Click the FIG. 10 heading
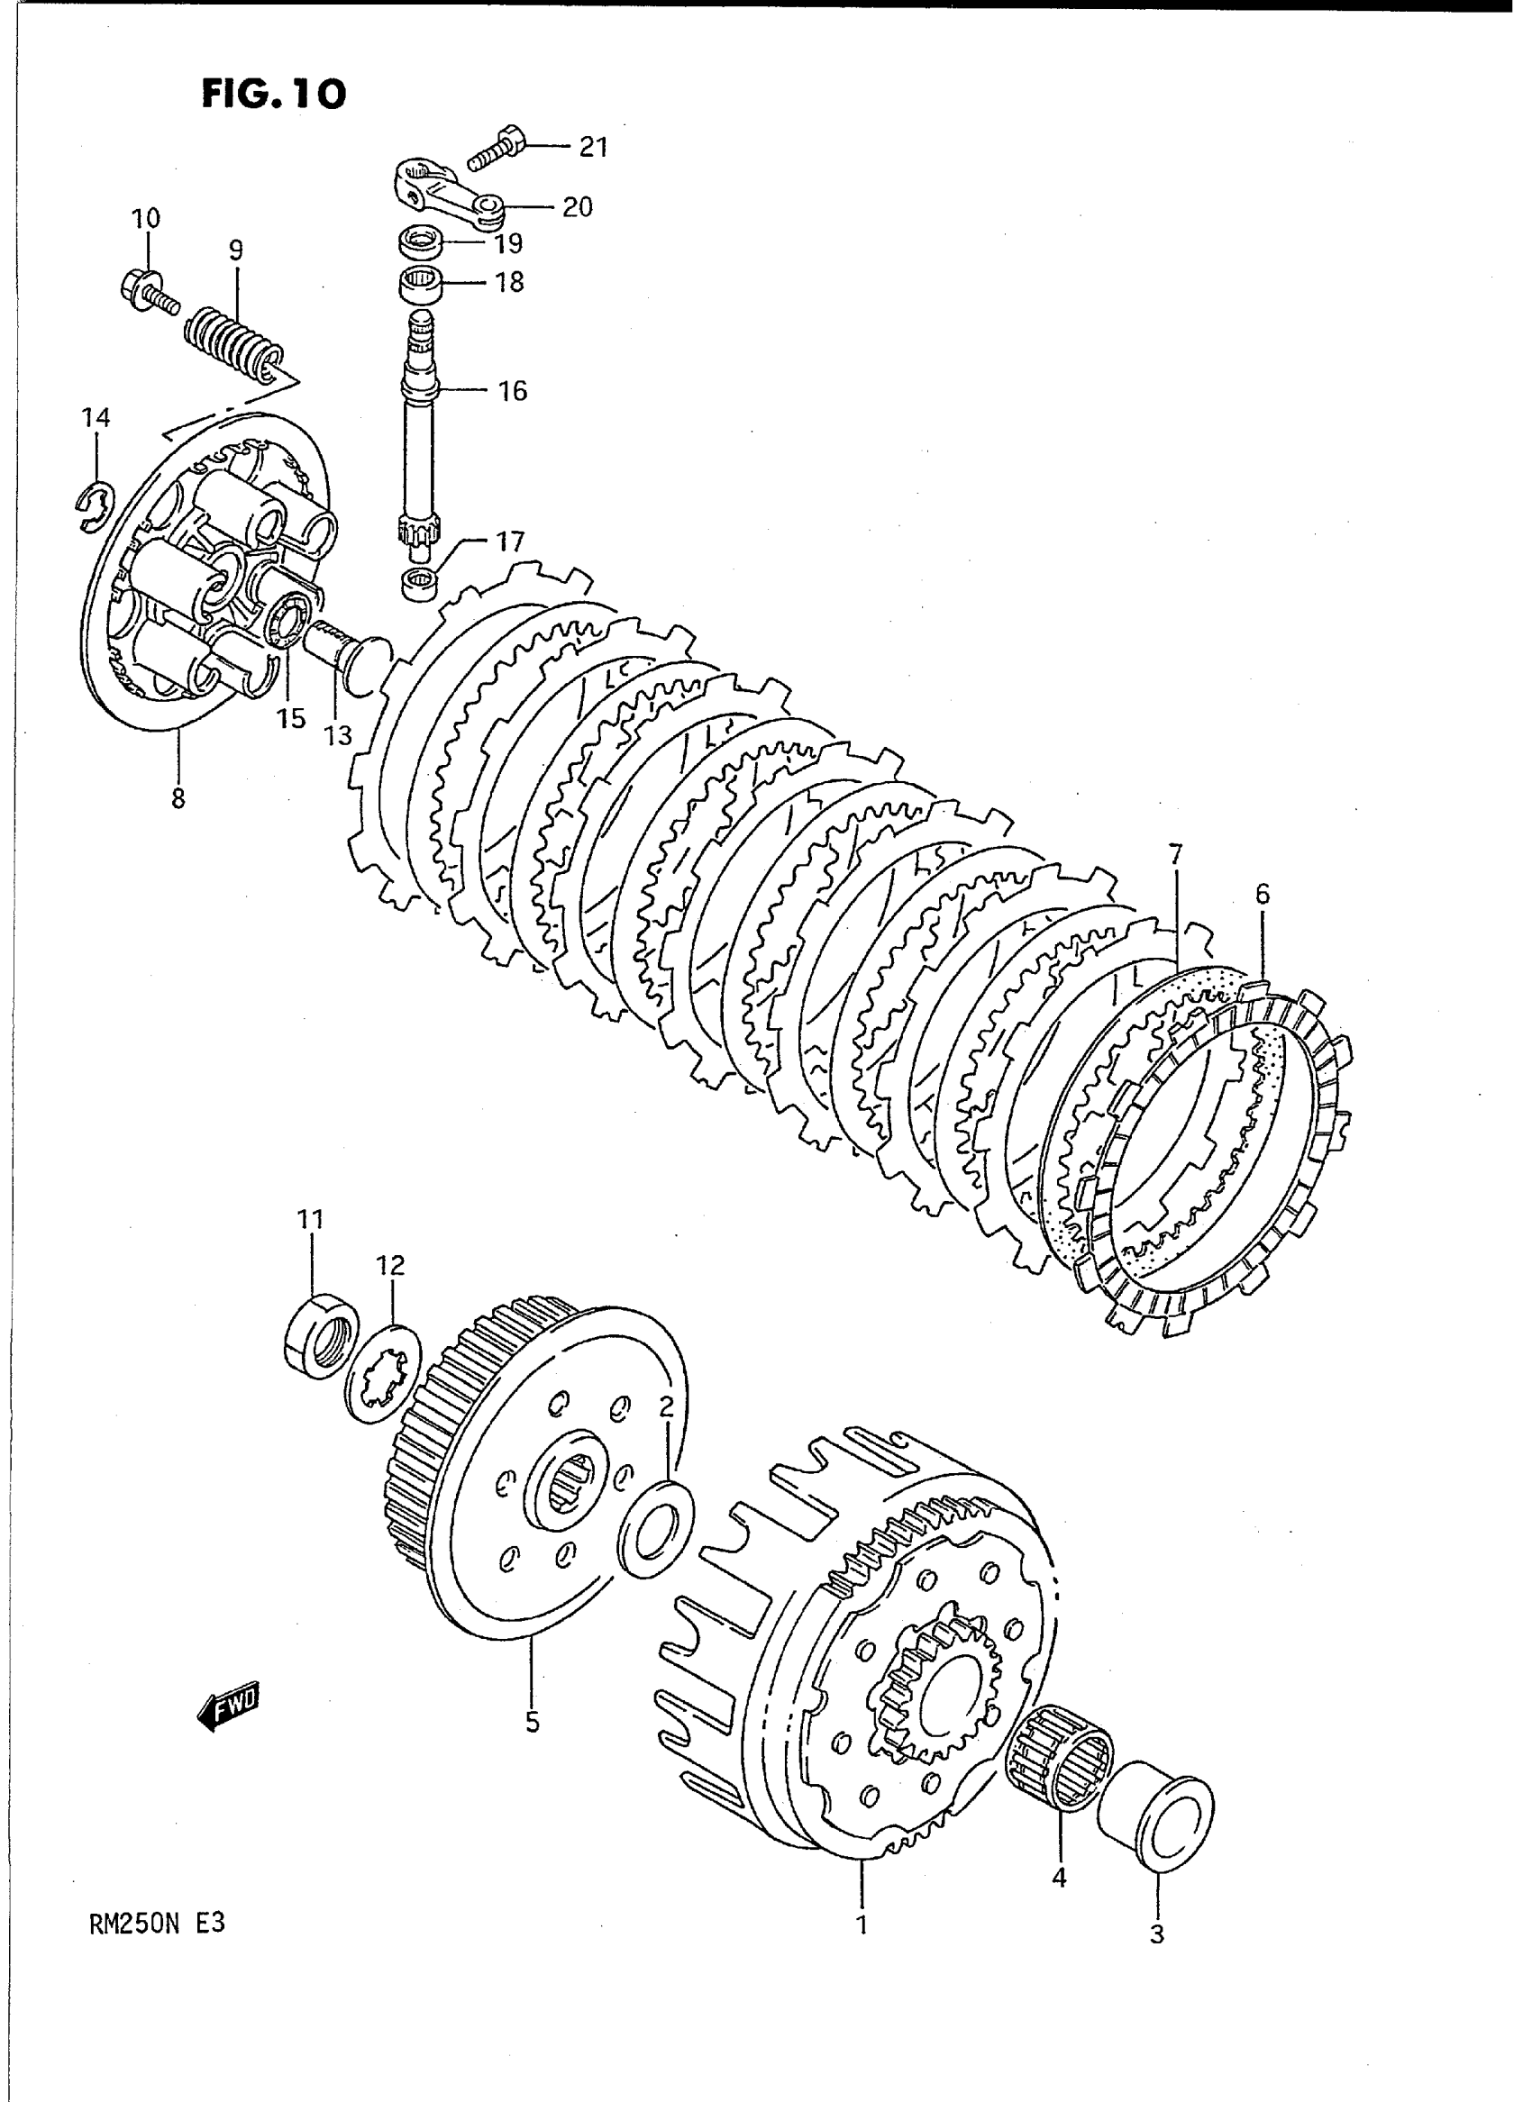click(x=274, y=94)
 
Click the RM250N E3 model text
click(x=157, y=1924)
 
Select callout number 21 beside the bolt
click(x=593, y=147)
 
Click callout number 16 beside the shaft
click(x=512, y=391)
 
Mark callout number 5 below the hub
click(x=532, y=1721)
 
